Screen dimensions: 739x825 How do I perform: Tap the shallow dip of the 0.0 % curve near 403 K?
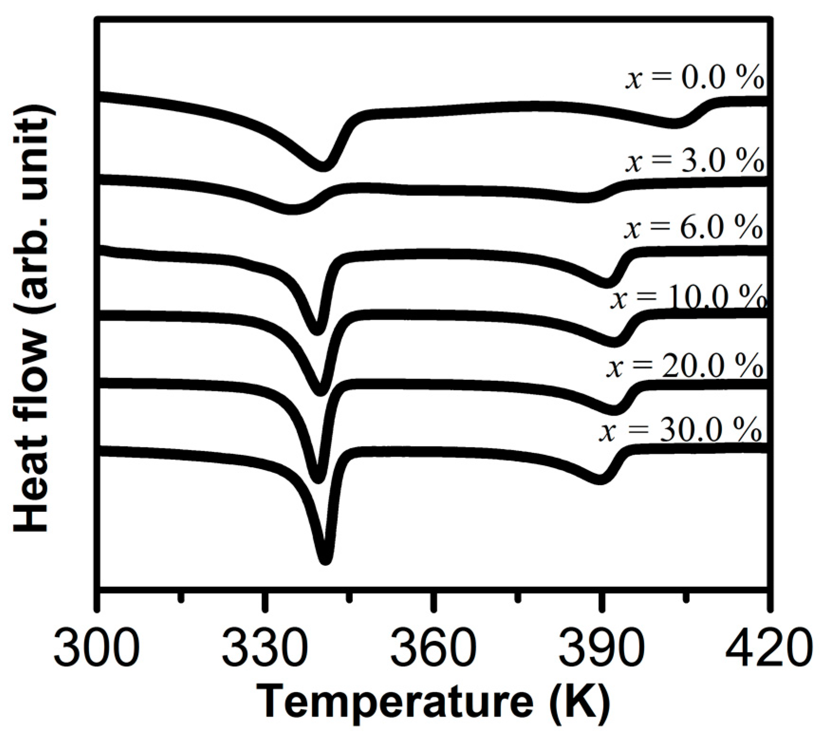(674, 123)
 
